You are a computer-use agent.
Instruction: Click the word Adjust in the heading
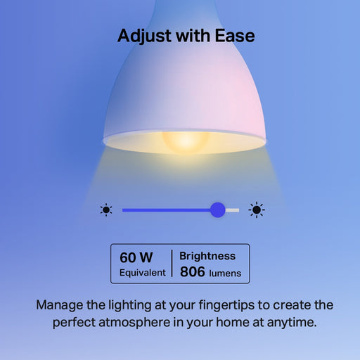tap(141, 35)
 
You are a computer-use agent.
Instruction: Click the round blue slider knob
tap(218, 210)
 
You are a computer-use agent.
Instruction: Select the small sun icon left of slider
tap(106, 210)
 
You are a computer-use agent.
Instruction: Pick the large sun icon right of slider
tap(257, 210)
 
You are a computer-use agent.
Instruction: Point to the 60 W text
tap(136, 257)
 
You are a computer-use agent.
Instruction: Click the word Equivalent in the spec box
tap(143, 272)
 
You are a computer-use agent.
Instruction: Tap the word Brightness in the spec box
tap(207, 257)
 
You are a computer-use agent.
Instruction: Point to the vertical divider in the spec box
tap(172, 264)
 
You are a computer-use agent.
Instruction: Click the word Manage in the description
tap(61, 306)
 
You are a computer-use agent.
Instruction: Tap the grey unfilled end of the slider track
tap(232, 210)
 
